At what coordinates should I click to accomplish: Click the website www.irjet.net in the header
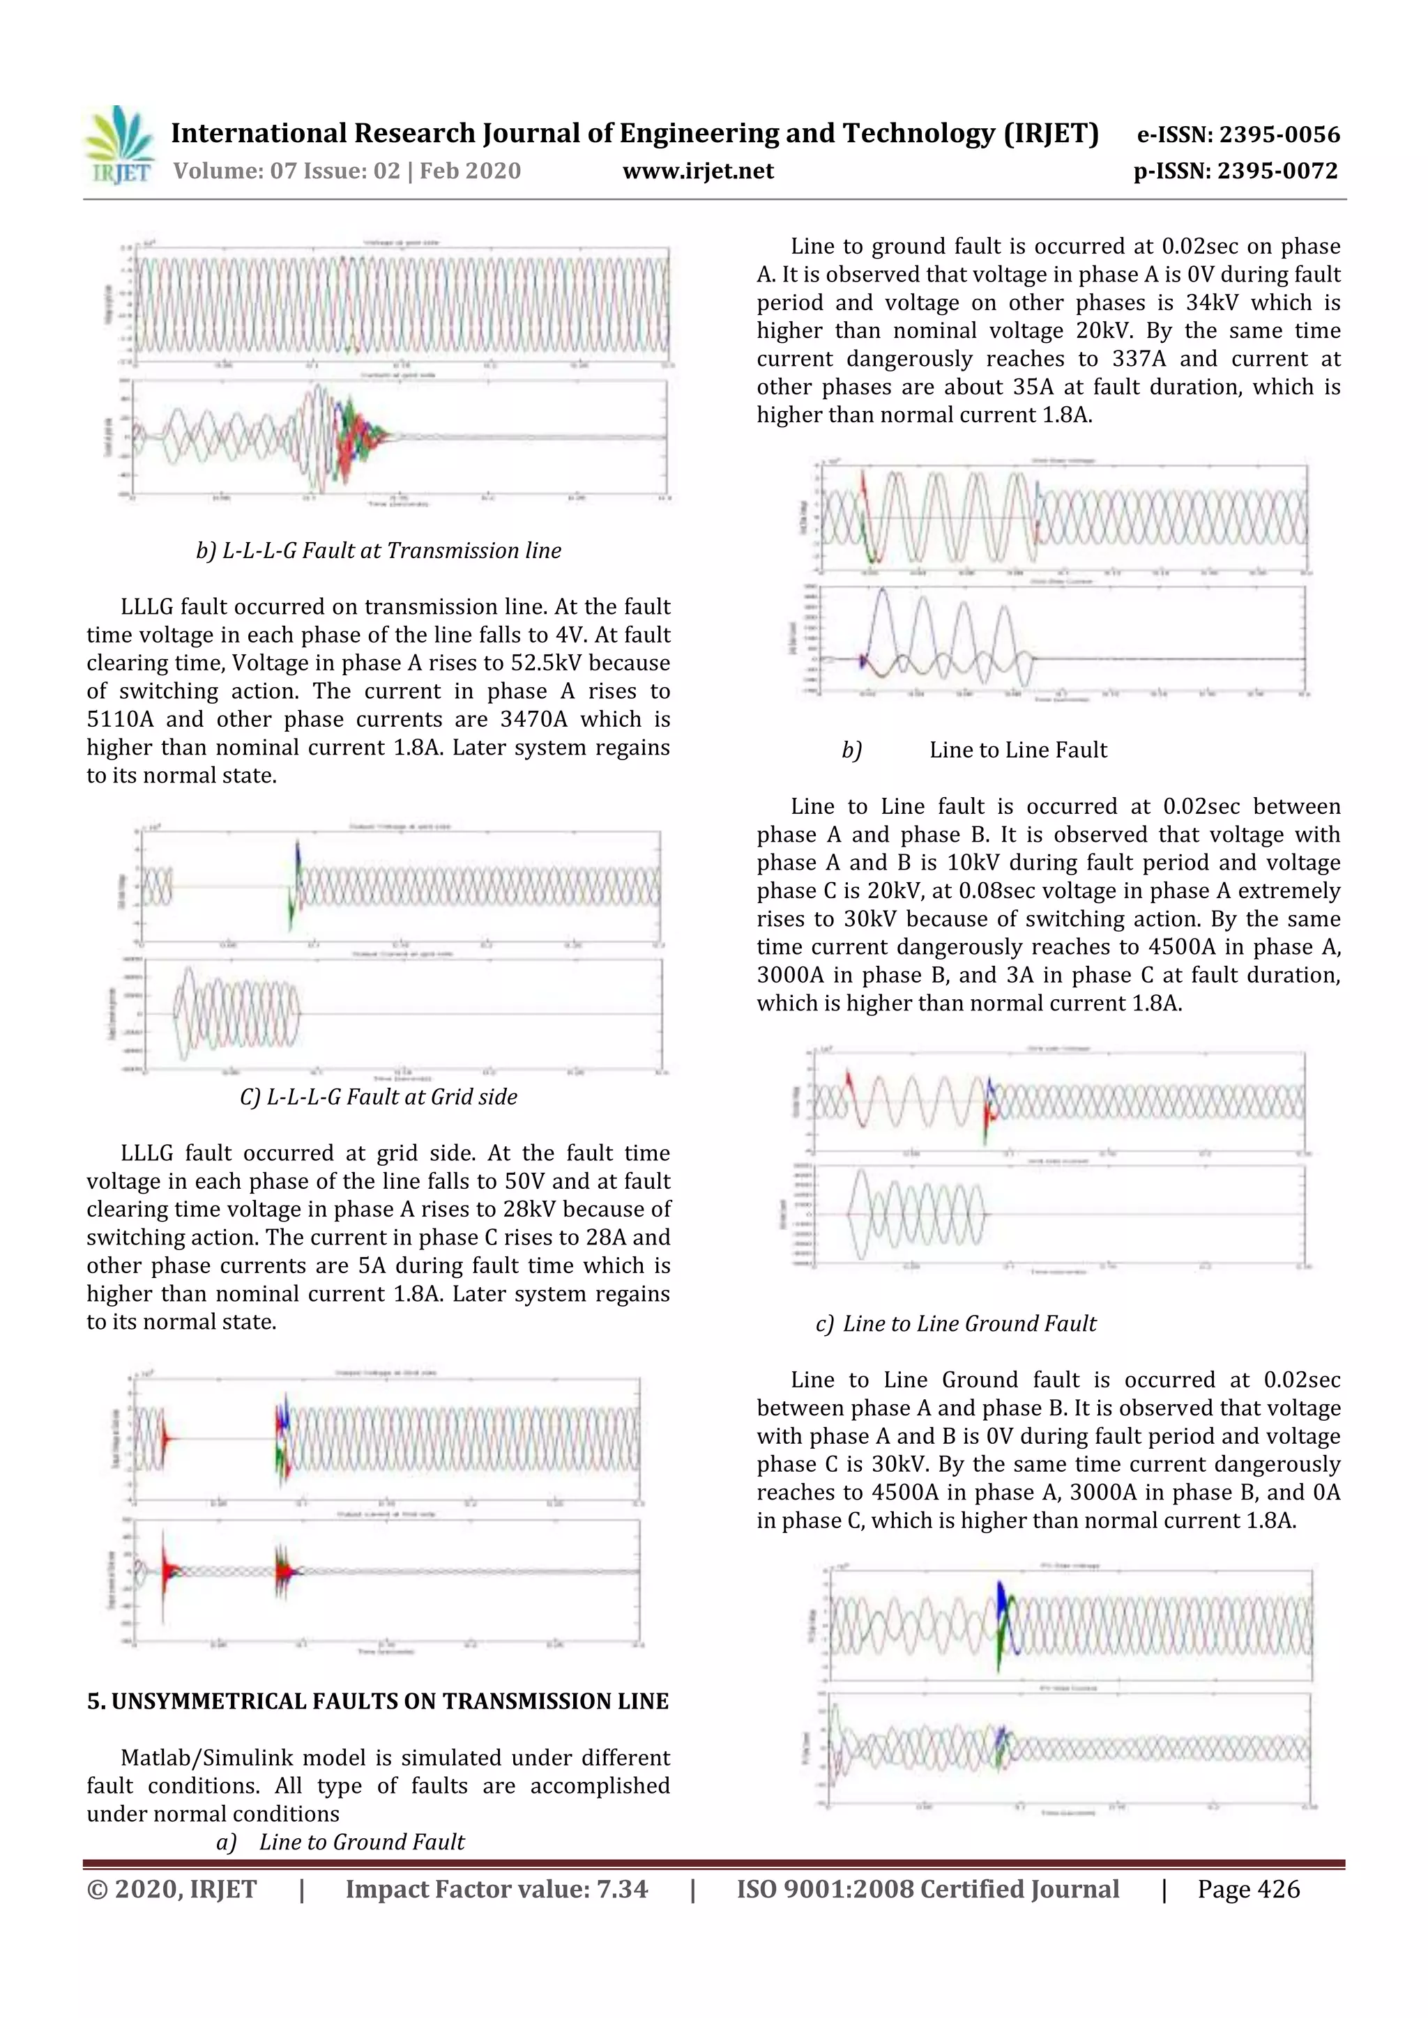pyautogui.click(x=698, y=171)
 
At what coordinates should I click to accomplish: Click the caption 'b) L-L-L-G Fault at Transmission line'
pyautogui.click(x=378, y=551)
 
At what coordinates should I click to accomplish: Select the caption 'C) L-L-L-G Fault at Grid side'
pyautogui.click(x=378, y=1097)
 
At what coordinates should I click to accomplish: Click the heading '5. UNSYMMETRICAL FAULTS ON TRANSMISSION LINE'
pyautogui.click(x=378, y=1702)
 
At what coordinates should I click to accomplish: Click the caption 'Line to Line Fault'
pyautogui.click(x=1017, y=750)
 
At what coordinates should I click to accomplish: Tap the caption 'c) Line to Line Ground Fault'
pyautogui.click(x=956, y=1324)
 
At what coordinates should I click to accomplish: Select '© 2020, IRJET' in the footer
pyautogui.click(x=172, y=1889)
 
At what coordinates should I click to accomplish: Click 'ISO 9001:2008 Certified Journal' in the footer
pyautogui.click(x=927, y=1889)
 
